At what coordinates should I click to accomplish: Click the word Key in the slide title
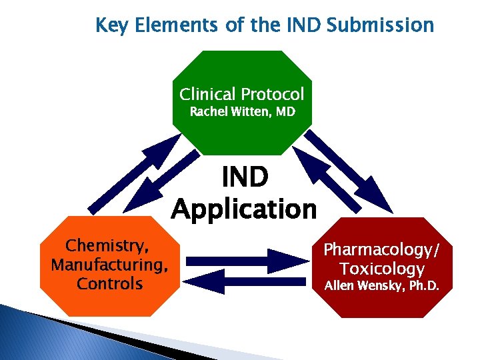coord(109,25)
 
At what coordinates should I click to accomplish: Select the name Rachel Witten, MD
coord(242,112)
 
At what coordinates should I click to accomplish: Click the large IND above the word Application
coord(245,178)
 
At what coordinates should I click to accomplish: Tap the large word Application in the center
coord(244,209)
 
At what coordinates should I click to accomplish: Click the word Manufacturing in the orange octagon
coord(109,265)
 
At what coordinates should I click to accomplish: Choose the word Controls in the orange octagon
coord(110,284)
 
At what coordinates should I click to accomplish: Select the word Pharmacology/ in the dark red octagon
coord(382,250)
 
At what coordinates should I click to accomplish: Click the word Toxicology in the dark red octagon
coord(382,269)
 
